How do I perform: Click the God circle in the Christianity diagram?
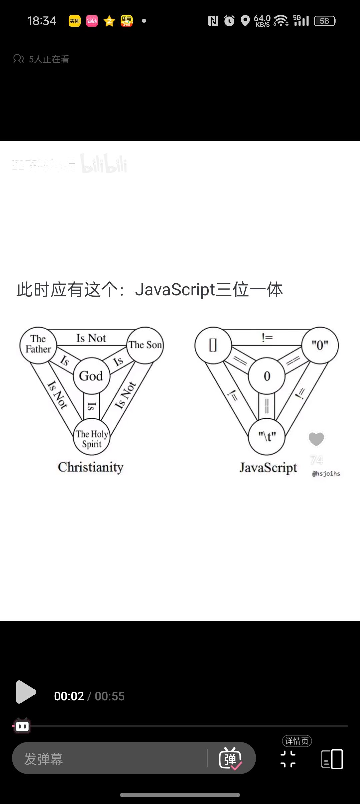point(91,376)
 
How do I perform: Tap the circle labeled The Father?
point(38,344)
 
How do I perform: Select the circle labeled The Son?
point(145,345)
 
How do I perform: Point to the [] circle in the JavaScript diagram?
point(213,345)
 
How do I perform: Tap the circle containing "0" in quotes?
point(320,345)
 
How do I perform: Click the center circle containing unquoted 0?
point(267,376)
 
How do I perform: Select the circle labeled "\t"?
point(267,436)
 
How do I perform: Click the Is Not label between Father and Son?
point(91,338)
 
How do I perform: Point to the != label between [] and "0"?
point(267,338)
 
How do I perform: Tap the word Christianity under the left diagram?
point(91,467)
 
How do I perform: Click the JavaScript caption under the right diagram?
point(268,468)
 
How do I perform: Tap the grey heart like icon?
point(316,439)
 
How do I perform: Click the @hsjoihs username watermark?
point(326,474)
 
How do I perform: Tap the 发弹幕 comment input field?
point(110,759)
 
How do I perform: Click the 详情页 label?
point(297,741)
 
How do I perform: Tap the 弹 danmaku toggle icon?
point(230,759)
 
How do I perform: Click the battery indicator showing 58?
point(325,21)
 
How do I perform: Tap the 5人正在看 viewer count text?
point(49,59)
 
